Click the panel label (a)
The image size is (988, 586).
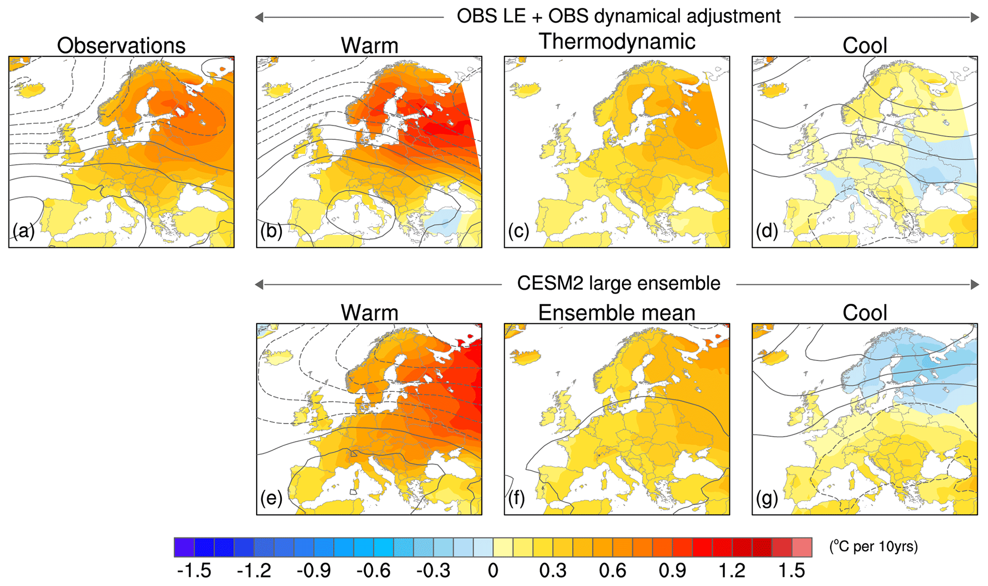pos(23,231)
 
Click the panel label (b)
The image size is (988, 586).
pos(271,231)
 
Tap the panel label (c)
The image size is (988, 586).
pos(519,231)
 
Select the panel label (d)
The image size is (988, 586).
pos(767,231)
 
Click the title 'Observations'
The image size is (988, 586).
pos(121,46)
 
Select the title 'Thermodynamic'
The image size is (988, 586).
pos(617,42)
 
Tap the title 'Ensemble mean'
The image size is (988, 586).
pos(617,313)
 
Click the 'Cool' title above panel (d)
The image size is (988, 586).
pos(865,46)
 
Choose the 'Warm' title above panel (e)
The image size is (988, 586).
pos(369,313)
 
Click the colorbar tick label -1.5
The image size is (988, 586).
pos(194,571)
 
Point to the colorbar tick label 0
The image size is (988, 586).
pos(493,571)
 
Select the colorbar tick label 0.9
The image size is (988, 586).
pos(672,571)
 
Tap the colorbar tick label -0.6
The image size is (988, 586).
pos(373,571)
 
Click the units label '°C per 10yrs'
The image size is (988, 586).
pos(873,546)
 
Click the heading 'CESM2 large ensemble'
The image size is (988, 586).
pos(619,284)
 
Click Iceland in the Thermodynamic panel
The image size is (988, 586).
pos(525,89)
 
